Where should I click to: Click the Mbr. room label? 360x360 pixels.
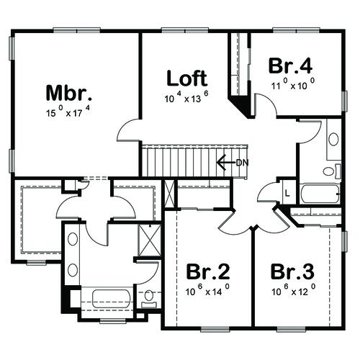pyautogui.click(x=69, y=93)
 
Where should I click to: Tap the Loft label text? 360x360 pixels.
pyautogui.click(x=187, y=78)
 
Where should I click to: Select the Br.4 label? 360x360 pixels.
pyautogui.click(x=290, y=66)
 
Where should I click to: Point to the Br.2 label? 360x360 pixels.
pyautogui.click(x=208, y=271)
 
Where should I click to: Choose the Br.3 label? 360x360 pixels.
pyautogui.click(x=292, y=271)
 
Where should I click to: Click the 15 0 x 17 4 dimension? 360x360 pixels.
pyautogui.click(x=68, y=112)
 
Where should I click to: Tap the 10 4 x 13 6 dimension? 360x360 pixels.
pyautogui.click(x=186, y=97)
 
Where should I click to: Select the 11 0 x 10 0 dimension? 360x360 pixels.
pyautogui.click(x=293, y=84)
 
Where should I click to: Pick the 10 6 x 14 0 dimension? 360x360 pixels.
pyautogui.click(x=207, y=290)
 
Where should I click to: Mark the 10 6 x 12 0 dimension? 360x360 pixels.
pyautogui.click(x=293, y=290)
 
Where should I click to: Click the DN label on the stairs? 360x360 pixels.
pyautogui.click(x=242, y=163)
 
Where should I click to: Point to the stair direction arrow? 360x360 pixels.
pyautogui.click(x=226, y=163)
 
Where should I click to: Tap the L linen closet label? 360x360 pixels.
pyautogui.click(x=287, y=193)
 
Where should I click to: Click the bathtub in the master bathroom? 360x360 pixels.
pyautogui.click(x=111, y=299)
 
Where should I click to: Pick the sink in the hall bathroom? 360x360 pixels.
pyautogui.click(x=333, y=140)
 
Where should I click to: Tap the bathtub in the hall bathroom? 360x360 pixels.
pyautogui.click(x=320, y=194)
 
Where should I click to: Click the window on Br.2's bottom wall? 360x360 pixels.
pyautogui.click(x=215, y=330)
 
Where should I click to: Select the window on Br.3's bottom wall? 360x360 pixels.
pyautogui.click(x=292, y=330)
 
